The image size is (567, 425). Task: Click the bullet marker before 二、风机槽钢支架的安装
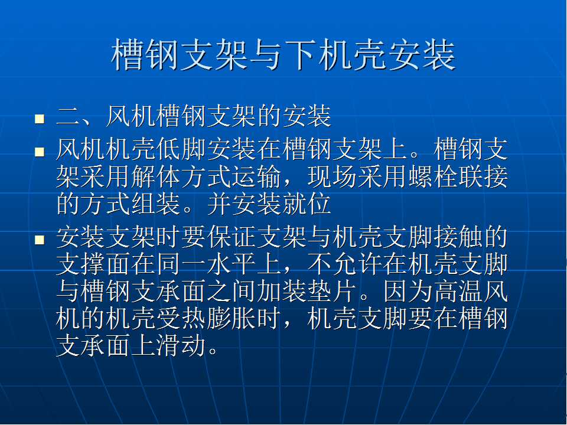(x=40, y=119)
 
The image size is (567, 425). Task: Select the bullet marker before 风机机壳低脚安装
(x=40, y=152)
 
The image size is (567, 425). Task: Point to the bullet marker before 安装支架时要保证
(x=40, y=240)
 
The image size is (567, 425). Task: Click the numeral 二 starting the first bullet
(x=68, y=117)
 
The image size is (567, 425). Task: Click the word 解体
(x=156, y=177)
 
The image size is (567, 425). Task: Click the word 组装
(x=156, y=204)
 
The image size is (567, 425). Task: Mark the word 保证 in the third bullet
(x=232, y=237)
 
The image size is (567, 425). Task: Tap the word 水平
(x=232, y=265)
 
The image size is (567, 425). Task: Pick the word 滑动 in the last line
(x=181, y=346)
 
